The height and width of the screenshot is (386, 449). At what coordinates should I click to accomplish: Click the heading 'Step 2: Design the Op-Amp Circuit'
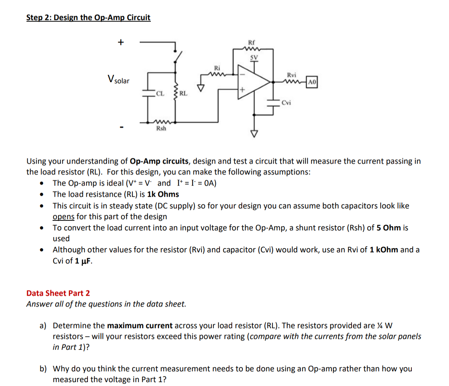click(x=88, y=18)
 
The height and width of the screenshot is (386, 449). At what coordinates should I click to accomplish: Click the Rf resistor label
click(x=252, y=43)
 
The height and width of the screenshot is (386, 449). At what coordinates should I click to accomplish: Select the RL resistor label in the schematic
click(x=183, y=93)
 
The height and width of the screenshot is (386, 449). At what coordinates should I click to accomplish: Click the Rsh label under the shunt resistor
click(x=161, y=128)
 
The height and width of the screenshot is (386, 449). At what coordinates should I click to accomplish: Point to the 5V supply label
click(x=253, y=58)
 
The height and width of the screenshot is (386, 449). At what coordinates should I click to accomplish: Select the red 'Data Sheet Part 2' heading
click(x=58, y=293)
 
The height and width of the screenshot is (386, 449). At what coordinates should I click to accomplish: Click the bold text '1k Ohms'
click(x=163, y=194)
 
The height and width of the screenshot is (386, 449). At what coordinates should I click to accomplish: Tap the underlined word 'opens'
click(x=63, y=216)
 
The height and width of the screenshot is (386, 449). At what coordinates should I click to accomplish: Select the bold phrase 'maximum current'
click(x=140, y=326)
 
